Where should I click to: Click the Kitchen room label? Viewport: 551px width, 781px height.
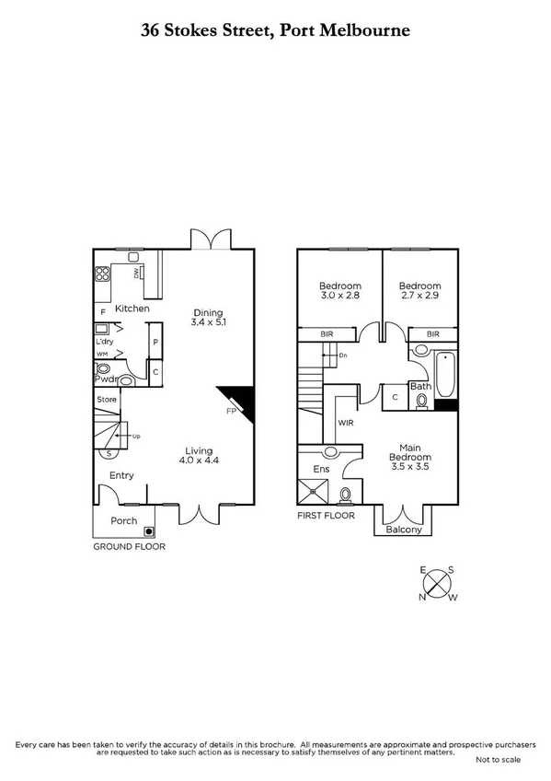click(x=132, y=309)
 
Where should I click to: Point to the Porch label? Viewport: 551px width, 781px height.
click(x=123, y=521)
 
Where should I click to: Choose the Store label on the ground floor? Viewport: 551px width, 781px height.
click(x=107, y=400)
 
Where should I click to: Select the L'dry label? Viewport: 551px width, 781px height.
click(x=104, y=342)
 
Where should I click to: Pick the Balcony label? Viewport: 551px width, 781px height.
click(x=404, y=530)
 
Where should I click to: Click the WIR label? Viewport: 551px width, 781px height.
click(x=348, y=423)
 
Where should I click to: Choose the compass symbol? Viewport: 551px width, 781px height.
click(x=438, y=584)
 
